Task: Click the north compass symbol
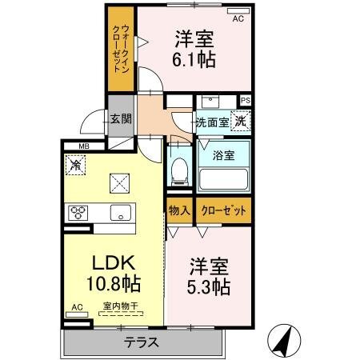point(284,341)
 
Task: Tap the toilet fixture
point(179,171)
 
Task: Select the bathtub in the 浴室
point(223,179)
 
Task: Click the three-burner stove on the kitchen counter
point(78,213)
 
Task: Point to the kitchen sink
point(121,212)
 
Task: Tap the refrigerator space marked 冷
point(75,165)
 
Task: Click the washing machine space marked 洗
point(241,121)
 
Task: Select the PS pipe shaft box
point(246,101)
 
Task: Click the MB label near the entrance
point(84,146)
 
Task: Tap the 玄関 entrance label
point(121,119)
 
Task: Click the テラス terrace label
point(142,342)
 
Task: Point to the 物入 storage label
point(179,210)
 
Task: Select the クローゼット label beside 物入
point(223,210)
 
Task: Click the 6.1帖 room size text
point(194,59)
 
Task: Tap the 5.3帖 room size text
point(209,286)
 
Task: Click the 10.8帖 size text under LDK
point(114,283)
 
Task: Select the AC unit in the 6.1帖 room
point(238,11)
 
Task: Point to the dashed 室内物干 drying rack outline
point(121,314)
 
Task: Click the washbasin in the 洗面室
point(210,102)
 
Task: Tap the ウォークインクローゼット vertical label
point(121,49)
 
